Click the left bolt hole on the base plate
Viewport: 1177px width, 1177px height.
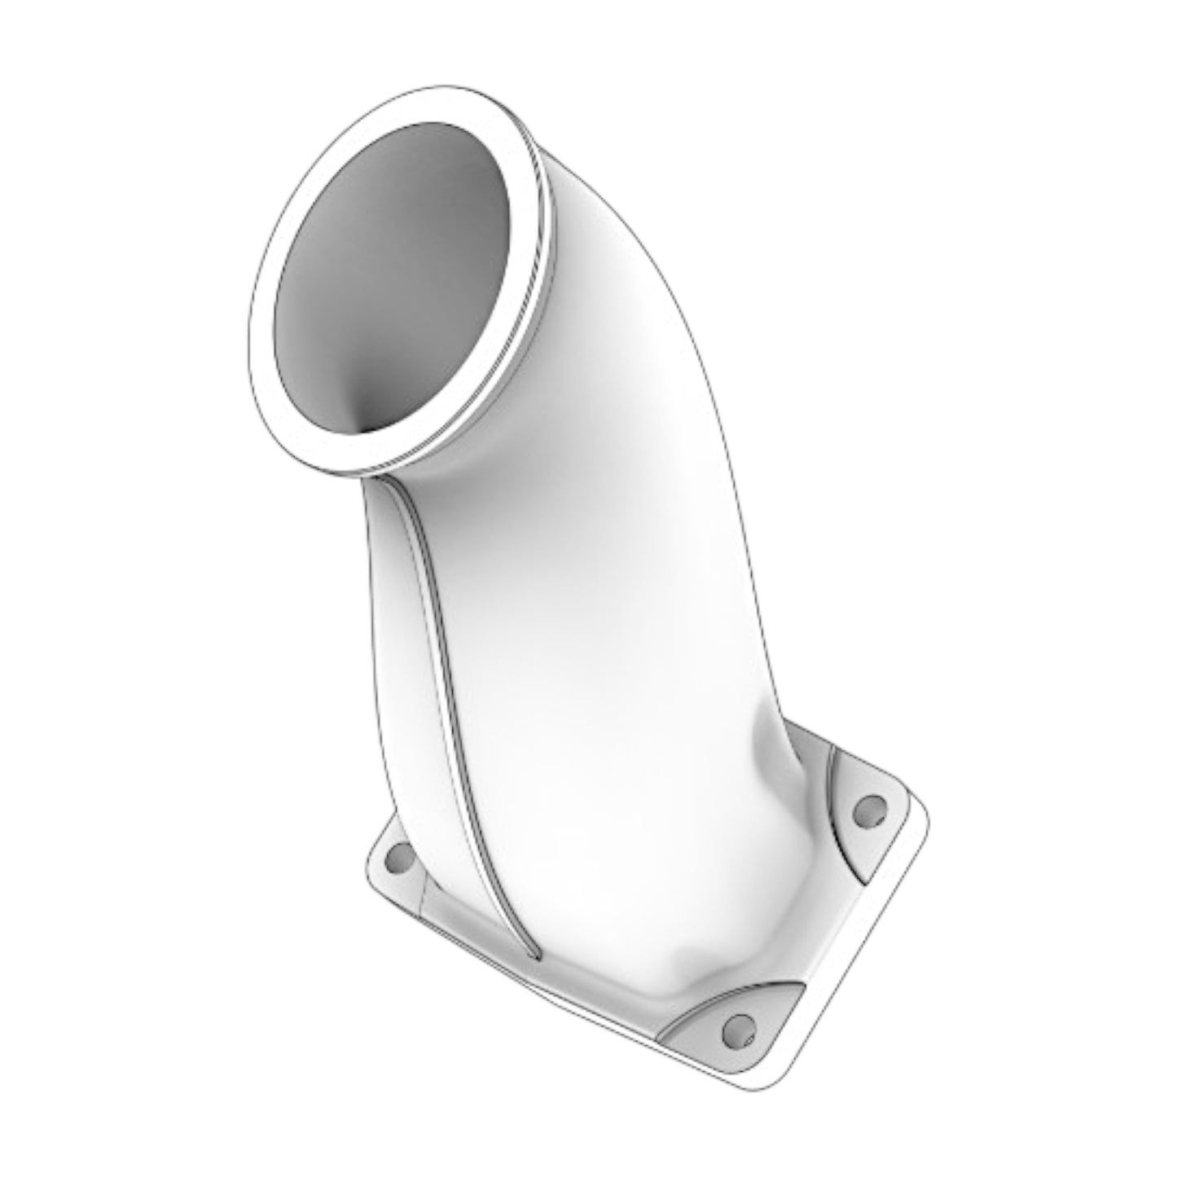click(x=399, y=857)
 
